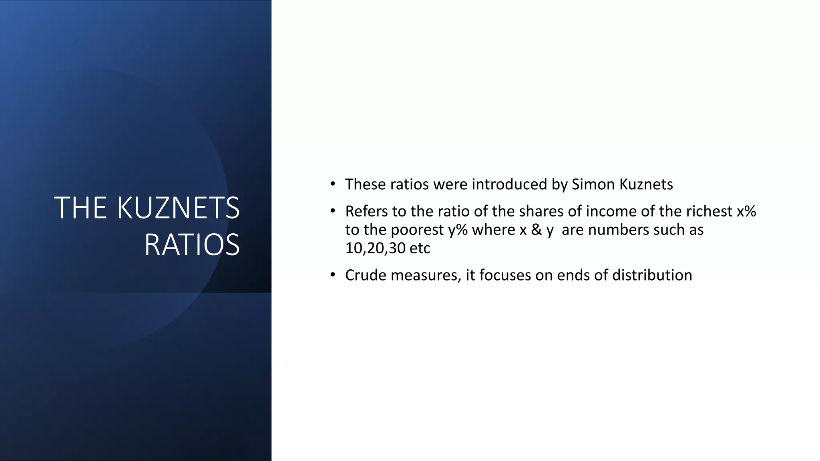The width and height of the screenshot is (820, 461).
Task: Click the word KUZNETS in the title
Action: (178, 208)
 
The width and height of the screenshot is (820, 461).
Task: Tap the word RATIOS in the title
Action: (192, 245)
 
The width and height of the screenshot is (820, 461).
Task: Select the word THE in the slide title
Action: (80, 208)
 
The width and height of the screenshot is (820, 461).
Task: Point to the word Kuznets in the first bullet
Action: (646, 184)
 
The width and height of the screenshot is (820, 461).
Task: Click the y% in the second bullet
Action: (458, 230)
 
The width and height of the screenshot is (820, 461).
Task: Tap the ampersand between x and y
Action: (536, 230)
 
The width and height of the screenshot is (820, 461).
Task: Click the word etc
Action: (420, 249)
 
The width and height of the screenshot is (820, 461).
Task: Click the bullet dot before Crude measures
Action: (332, 275)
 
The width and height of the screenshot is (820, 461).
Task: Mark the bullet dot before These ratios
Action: (332, 184)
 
